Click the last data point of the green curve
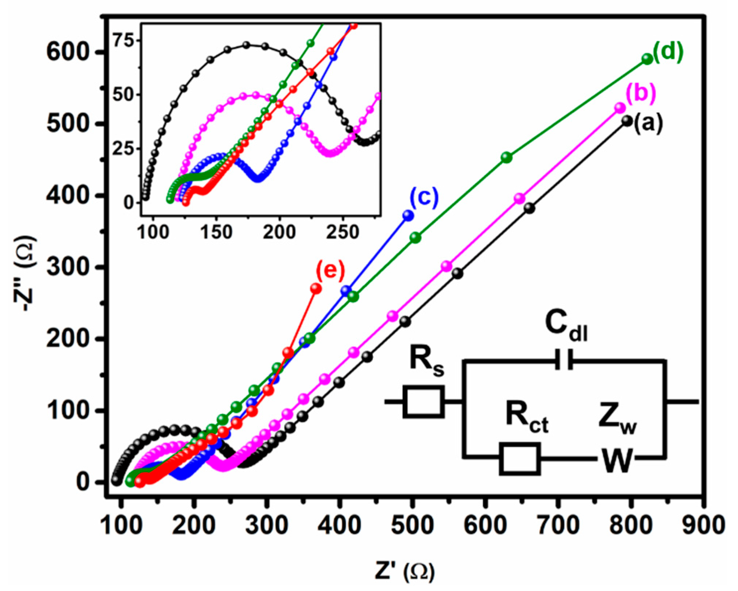(647, 59)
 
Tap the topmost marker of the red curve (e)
(316, 289)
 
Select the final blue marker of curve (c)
(408, 216)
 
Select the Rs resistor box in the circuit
(423, 402)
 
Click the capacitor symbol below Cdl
(564, 360)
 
